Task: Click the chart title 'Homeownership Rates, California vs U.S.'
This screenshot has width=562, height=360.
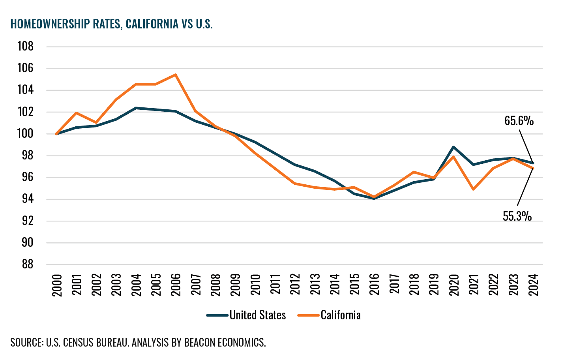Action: point(112,24)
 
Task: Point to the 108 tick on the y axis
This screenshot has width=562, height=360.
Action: point(26,47)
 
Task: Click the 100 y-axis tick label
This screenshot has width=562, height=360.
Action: point(26,134)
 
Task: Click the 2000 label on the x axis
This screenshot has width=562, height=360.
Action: point(57,285)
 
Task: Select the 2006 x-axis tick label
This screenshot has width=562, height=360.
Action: point(176,285)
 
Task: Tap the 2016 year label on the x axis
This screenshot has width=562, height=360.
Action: point(374,285)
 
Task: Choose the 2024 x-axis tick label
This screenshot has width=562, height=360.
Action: point(533,285)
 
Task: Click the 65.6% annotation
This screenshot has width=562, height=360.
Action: point(519,121)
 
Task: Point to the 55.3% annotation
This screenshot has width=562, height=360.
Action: point(517,216)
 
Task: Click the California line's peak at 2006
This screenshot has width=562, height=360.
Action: point(175,75)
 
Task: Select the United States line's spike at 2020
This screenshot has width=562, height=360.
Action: point(453,147)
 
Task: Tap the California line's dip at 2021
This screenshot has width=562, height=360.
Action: point(473,189)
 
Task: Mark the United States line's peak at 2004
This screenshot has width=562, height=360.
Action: point(136,108)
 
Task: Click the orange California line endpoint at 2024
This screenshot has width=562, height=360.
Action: point(533,168)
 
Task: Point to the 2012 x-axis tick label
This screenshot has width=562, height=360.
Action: point(295,285)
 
